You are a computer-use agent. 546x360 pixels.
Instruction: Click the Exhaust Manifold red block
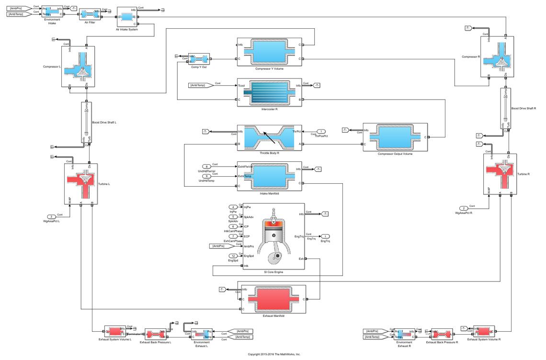tap(273, 299)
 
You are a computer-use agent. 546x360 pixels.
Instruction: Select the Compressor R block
tap(497, 56)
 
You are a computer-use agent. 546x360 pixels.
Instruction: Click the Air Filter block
tap(89, 14)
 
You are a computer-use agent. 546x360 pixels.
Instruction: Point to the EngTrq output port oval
tap(324, 236)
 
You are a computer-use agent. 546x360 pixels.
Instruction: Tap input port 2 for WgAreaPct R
tap(464, 208)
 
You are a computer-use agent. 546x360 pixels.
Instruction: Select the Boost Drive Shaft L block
tap(86, 122)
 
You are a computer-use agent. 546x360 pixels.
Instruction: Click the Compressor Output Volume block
tap(395, 137)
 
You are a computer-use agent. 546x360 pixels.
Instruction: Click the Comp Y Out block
tap(199, 59)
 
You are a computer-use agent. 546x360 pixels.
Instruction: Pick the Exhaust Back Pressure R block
tap(442, 334)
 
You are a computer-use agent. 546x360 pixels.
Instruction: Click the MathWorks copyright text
tap(273, 355)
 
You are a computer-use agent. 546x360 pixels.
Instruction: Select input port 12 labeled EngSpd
tap(232, 256)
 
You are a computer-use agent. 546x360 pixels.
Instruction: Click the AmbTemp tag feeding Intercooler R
tap(199, 85)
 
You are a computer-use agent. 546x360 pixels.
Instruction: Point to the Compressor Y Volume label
tap(269, 68)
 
